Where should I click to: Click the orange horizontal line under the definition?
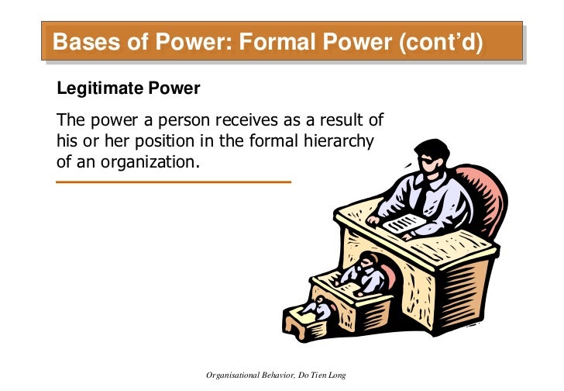[x=174, y=182]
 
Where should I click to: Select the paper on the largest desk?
[x=404, y=223]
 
